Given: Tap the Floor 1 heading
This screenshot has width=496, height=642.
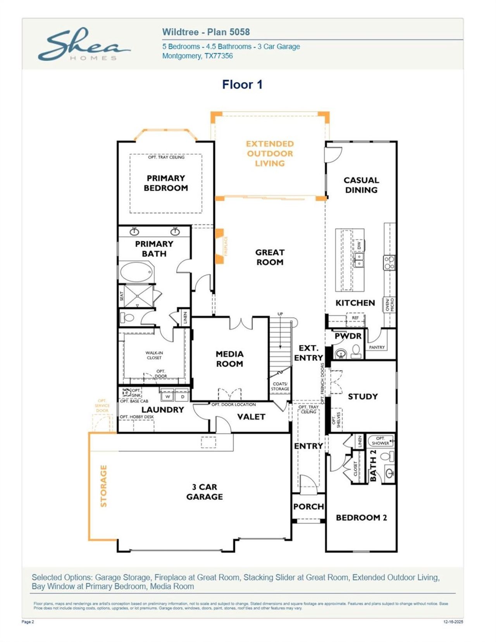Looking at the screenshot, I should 242,84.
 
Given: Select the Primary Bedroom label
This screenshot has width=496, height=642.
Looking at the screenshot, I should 166,183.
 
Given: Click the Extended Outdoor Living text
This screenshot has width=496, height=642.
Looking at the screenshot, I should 270,154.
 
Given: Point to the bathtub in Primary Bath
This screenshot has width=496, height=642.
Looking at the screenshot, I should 136,272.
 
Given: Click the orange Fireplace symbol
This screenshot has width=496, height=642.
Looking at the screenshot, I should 220,246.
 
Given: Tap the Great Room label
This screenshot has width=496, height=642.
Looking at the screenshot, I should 270,257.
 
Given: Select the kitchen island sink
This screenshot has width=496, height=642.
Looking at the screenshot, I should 359,260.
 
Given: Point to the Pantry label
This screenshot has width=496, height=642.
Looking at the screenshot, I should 377,347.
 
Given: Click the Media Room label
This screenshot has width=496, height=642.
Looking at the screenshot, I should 229,359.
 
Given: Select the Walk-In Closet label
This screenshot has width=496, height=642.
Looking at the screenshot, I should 154,355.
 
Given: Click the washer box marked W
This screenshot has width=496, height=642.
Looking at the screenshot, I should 167,397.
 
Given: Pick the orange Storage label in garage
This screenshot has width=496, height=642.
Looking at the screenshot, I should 103,486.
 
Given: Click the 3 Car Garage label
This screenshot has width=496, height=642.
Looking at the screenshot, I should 204,492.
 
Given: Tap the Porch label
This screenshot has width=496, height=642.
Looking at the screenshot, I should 308,506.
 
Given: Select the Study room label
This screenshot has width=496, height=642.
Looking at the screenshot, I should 363,397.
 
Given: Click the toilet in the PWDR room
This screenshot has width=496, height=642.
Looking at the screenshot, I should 356,351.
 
